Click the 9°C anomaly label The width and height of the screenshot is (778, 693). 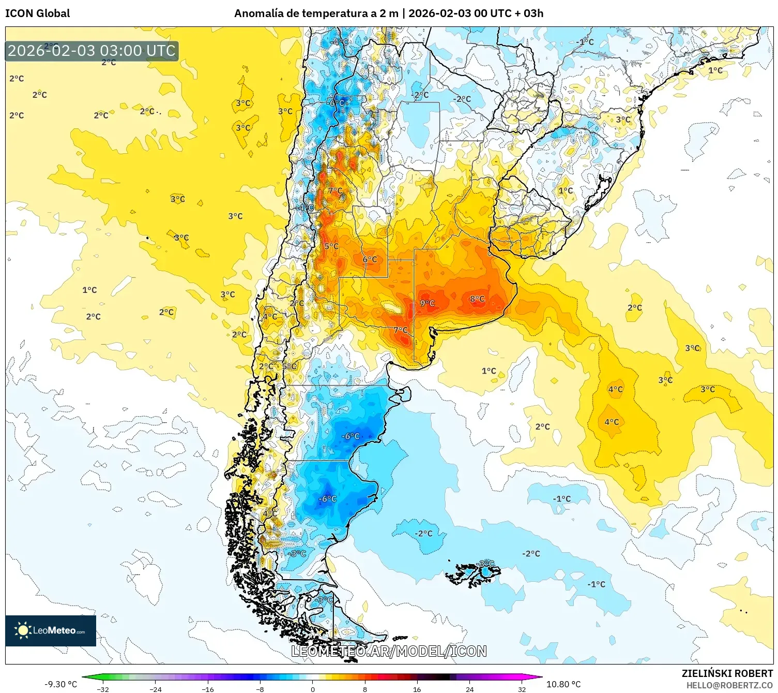(x=427, y=303)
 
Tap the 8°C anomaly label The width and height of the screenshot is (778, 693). (x=477, y=299)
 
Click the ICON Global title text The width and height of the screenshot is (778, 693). (x=37, y=13)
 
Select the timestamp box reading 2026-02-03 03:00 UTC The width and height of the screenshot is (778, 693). (x=91, y=51)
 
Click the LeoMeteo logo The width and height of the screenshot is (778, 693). (x=51, y=630)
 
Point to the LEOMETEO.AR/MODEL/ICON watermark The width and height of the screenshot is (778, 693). (x=389, y=651)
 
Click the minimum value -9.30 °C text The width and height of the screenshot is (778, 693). (x=60, y=684)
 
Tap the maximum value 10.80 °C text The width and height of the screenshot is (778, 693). (x=563, y=684)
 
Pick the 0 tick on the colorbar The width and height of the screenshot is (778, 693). (x=312, y=689)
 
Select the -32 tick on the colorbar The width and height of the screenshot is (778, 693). (x=103, y=689)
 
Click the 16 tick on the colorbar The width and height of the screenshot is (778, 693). (x=417, y=689)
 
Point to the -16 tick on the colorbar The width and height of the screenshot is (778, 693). (x=207, y=689)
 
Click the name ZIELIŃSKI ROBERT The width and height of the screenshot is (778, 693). (x=727, y=673)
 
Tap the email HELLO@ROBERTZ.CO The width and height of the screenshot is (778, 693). (x=729, y=685)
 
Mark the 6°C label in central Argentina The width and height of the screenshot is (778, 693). (x=370, y=259)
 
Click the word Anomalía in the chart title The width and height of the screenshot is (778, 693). (x=259, y=13)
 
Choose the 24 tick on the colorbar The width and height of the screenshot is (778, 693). (x=469, y=689)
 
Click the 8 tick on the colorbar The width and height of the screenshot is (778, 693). (x=364, y=689)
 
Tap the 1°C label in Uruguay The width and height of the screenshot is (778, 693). (x=566, y=190)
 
